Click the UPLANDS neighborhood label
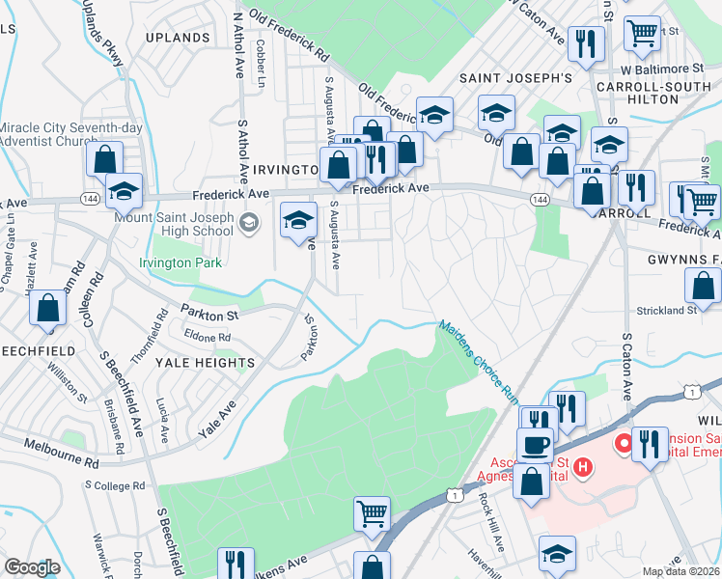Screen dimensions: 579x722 coord(178,38)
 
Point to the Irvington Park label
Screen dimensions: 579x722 coord(180,262)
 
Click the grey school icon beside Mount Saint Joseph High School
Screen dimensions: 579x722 coord(249,224)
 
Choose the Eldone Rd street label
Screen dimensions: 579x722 coord(208,338)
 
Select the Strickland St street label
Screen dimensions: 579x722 coord(666,311)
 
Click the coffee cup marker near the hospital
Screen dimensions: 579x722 coord(534,444)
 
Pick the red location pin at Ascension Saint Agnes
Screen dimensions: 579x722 coord(624,443)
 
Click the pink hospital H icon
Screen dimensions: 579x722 coord(582,468)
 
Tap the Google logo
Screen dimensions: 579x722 coord(32,567)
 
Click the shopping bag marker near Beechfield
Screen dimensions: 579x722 coord(46,308)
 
